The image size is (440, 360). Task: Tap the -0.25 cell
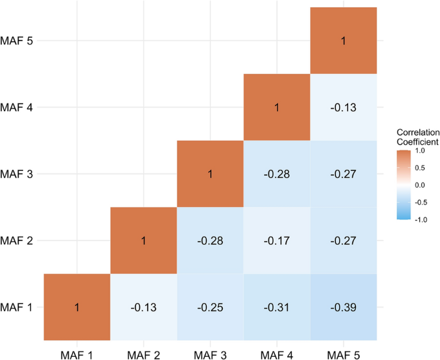coord(210,307)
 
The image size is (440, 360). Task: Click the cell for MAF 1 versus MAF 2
coord(143,307)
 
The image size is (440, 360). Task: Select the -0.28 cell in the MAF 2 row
coord(210,240)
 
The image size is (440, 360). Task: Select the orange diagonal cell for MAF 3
coord(210,174)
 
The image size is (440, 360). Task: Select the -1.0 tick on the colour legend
coord(422,219)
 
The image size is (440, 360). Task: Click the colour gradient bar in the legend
coord(405,185)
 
